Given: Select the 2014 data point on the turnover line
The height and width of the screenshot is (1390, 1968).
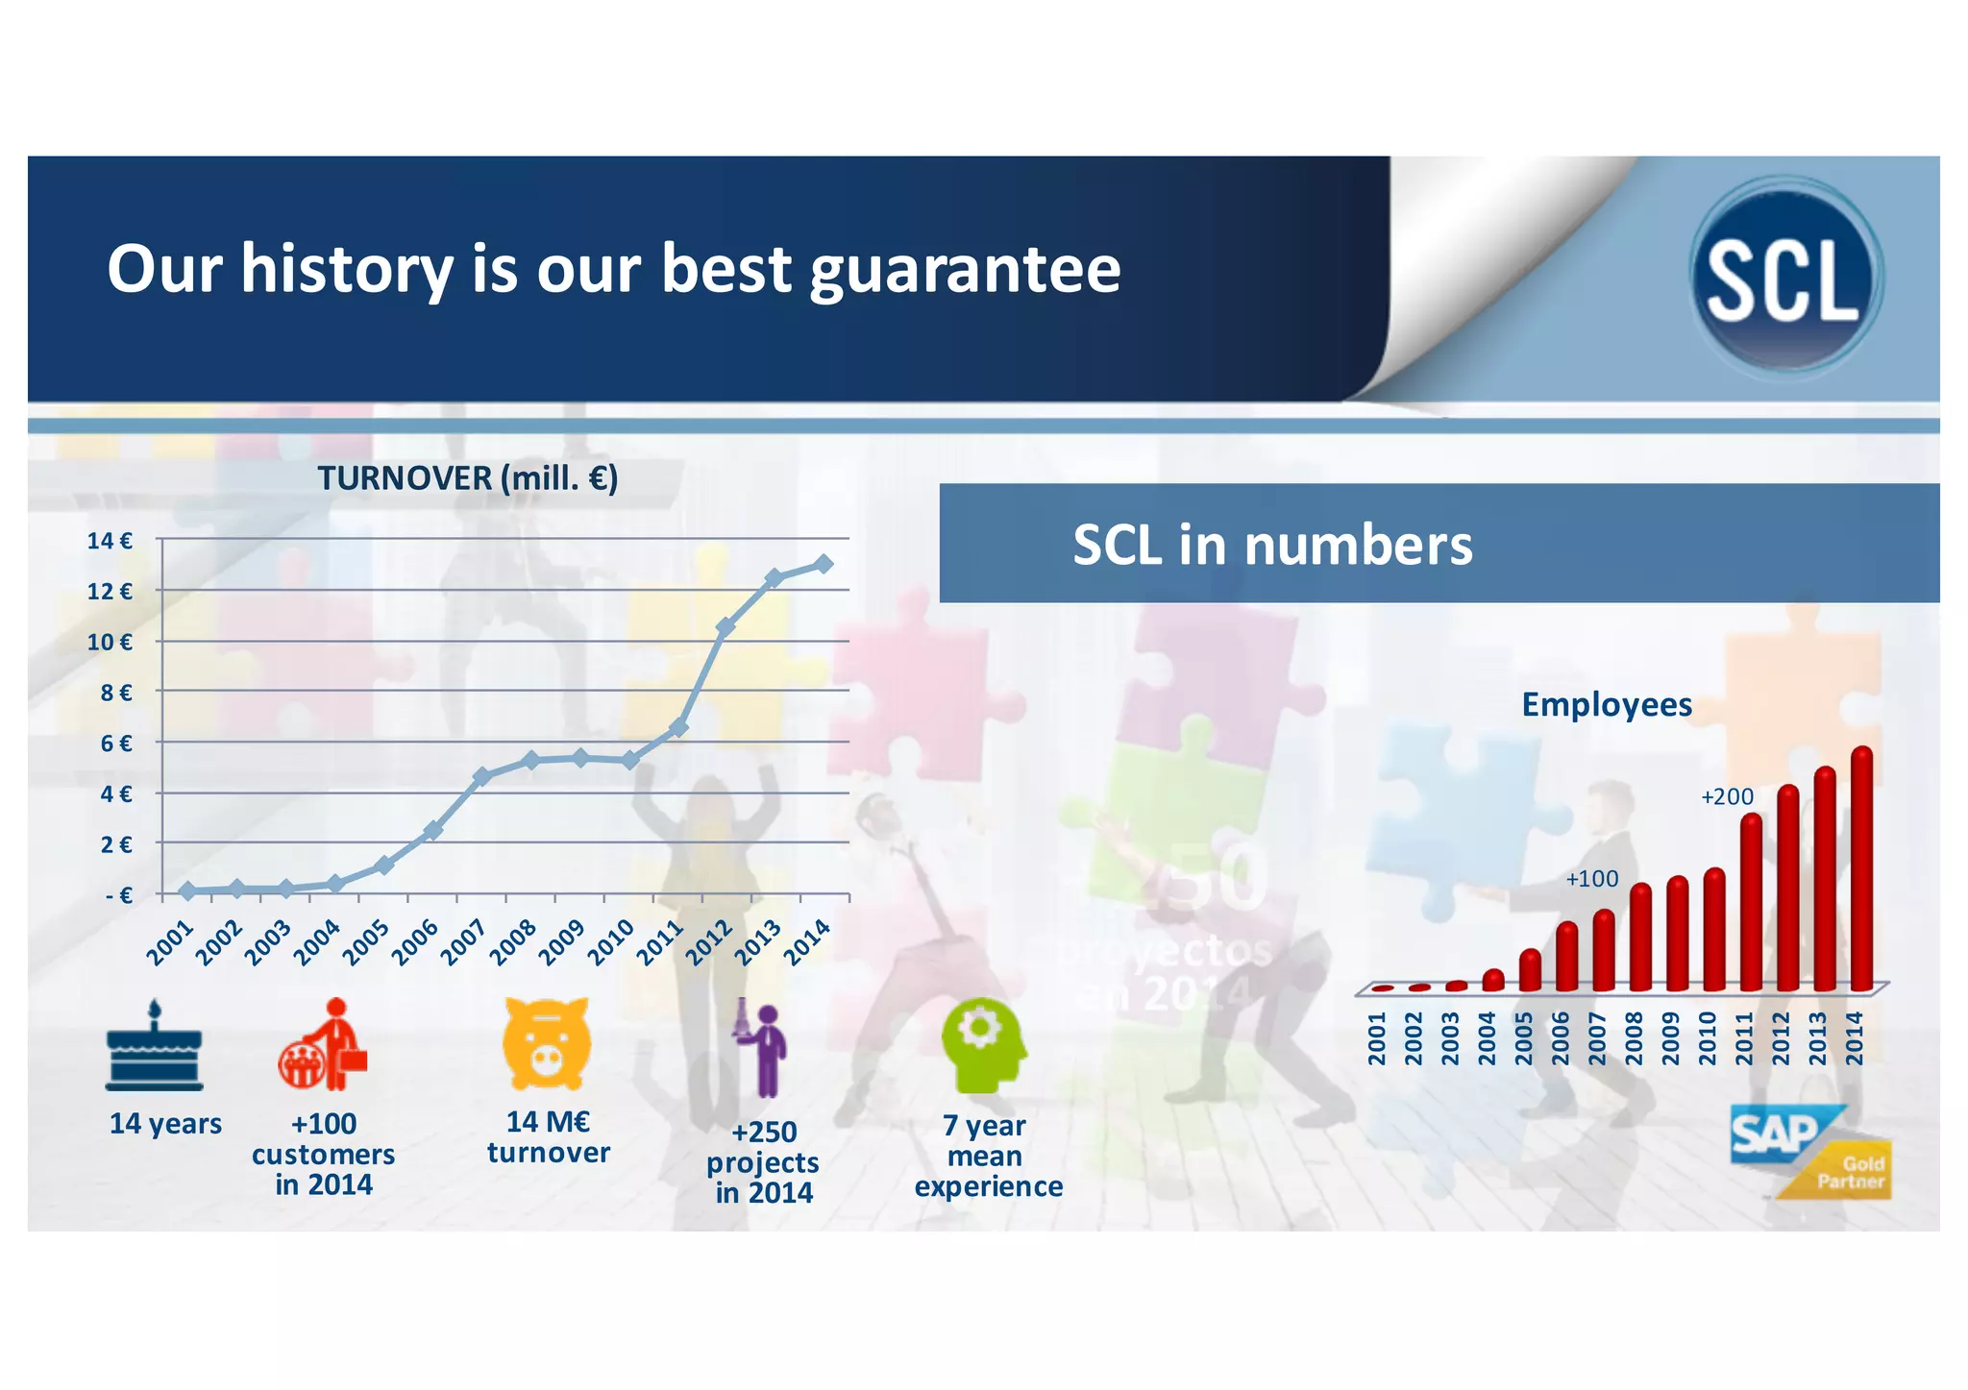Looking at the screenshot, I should click(824, 564).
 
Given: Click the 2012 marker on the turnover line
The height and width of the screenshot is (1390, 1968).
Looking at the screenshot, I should click(726, 626).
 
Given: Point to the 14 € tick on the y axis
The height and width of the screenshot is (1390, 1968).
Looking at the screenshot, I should click(110, 541).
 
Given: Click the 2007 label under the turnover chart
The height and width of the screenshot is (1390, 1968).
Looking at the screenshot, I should click(462, 942).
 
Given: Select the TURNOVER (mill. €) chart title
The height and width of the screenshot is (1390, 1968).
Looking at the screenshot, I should click(467, 477).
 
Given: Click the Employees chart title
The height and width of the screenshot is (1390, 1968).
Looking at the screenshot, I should click(1606, 705).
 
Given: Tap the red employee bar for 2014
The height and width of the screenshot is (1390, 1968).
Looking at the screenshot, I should click(1861, 868).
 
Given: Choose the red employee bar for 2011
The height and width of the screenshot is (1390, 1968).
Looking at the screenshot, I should click(1751, 903).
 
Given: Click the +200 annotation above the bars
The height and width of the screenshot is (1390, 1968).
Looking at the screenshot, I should click(1727, 796).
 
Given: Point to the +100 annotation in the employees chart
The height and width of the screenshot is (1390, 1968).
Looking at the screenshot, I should click(1591, 879).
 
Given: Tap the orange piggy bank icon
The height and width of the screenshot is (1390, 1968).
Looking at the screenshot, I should click(546, 1043).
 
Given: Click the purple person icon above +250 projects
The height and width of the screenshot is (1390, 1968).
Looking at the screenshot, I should click(763, 1049).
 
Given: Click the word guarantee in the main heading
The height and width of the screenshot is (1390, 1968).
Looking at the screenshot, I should click(965, 270).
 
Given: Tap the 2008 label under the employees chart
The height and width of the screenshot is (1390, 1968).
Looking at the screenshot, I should click(1633, 1038).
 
